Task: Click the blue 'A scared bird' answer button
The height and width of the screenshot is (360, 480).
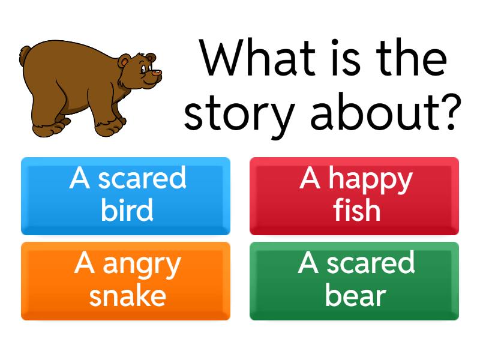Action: (125, 196)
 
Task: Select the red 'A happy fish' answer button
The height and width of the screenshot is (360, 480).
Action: (354, 196)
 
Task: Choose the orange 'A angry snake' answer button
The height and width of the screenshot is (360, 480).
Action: (125, 281)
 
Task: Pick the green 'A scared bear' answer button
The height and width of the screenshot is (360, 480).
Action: (354, 281)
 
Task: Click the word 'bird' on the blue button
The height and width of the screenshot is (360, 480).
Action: (127, 211)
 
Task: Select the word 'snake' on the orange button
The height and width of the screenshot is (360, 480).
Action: (127, 296)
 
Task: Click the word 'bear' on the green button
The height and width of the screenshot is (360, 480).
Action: (355, 296)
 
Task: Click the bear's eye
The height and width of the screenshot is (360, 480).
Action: (143, 68)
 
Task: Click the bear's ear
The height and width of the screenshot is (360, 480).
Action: (125, 62)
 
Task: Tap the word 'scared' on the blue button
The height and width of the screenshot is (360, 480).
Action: (142, 179)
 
